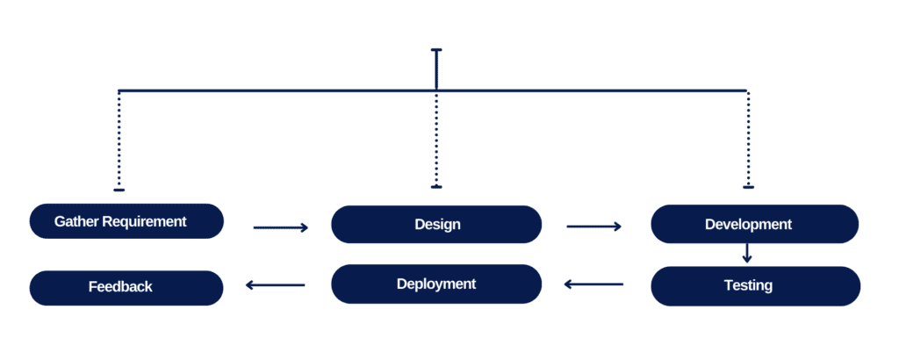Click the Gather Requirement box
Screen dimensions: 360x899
[x=126, y=221]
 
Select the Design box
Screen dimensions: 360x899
[x=436, y=224]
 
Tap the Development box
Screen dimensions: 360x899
[x=754, y=224]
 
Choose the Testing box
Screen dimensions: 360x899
[x=754, y=285]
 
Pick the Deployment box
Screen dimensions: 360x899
[x=436, y=284]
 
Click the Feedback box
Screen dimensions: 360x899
[x=126, y=287]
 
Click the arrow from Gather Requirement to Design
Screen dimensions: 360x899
[x=280, y=227]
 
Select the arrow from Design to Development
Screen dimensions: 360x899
[x=593, y=227]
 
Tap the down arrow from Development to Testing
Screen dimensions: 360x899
[x=747, y=253]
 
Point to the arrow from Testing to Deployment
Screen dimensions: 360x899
[x=593, y=284]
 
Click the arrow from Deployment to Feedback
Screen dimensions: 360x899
[x=276, y=284]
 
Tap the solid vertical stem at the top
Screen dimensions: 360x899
[x=436, y=70]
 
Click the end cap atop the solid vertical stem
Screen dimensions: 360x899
[x=436, y=51]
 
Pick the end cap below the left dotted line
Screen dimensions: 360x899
[x=119, y=189]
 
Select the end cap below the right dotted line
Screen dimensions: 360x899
[x=747, y=187]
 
